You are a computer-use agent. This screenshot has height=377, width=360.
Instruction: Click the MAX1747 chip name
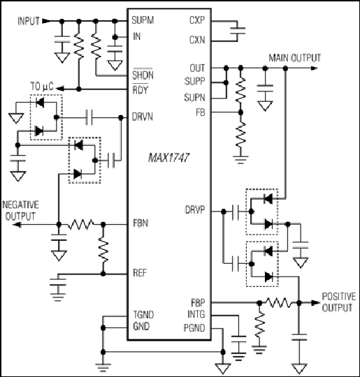pos(168,158)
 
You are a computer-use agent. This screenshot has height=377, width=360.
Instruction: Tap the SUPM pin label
pos(143,20)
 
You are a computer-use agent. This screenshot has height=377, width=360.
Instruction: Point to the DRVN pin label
pos(143,117)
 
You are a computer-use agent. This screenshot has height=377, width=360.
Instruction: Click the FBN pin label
pos(141,223)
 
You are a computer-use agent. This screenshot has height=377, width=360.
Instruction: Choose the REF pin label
pos(140,273)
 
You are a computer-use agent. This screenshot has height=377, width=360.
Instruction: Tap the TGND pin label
pos(143,314)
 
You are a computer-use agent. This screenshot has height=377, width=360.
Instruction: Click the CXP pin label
pos(197,20)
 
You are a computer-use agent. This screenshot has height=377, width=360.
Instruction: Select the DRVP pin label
pos(195,210)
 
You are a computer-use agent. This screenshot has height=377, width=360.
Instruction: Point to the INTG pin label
pos(196,314)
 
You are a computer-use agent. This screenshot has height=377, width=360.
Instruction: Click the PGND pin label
pos(194,328)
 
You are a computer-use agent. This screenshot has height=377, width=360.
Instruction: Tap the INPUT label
pos(29,21)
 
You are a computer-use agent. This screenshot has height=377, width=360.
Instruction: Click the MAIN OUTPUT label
pos(295,58)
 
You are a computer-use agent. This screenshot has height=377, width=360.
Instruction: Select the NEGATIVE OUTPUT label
pos(20,211)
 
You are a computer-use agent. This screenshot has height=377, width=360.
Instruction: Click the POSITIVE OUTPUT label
pos(339,302)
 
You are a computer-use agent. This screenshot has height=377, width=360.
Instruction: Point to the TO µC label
pos(42,87)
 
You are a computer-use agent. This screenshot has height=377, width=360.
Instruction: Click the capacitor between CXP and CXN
pos(238,31)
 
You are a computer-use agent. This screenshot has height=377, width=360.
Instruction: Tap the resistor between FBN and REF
pos(103,249)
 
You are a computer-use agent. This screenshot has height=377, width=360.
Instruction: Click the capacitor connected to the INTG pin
pos(238,339)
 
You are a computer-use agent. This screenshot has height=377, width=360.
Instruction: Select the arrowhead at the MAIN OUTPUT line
pos(314,68)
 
